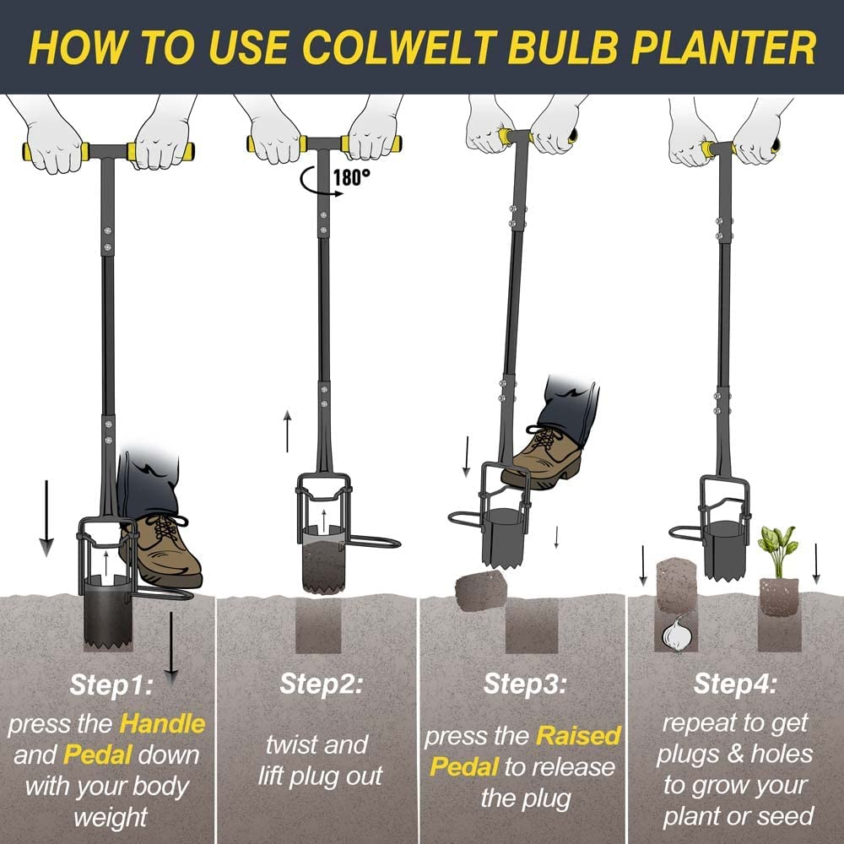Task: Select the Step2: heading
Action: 321,683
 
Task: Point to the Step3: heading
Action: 524,683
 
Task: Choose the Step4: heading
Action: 734,683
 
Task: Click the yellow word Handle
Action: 162,723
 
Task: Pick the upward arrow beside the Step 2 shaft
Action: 287,430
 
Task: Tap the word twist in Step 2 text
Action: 291,745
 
